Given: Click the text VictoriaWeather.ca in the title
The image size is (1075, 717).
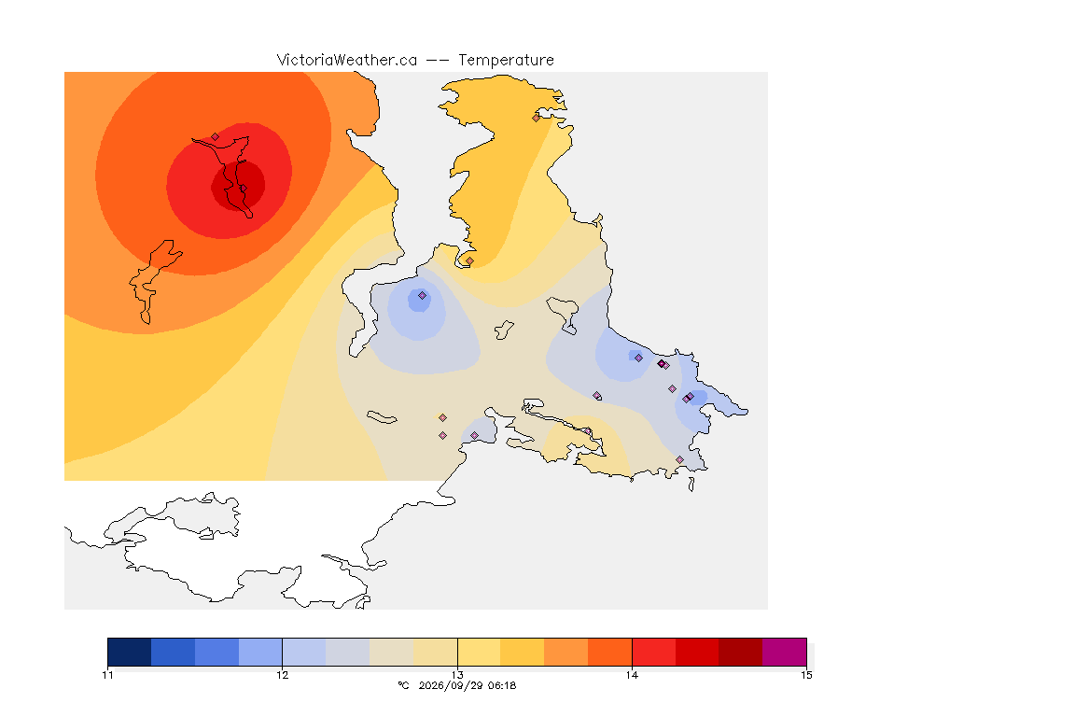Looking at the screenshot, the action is point(347,61).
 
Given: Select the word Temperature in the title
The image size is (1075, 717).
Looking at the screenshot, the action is point(506,61).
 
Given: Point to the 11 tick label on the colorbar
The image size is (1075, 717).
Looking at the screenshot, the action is point(107,675).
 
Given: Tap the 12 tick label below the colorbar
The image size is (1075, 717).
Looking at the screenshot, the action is point(283,675).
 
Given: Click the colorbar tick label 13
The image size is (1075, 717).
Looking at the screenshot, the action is point(457,675).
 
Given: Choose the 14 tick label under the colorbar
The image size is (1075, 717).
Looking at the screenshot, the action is point(632,675).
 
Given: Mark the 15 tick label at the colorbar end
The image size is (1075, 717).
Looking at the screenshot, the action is point(806,675).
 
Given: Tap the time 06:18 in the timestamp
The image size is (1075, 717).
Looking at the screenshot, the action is point(502,685).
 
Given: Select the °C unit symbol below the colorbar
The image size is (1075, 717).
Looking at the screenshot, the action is point(403,685).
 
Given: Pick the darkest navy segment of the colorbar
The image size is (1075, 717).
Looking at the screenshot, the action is point(130,652).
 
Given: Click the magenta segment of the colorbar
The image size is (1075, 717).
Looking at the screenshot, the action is point(784,652).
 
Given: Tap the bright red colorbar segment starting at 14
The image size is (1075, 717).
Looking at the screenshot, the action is point(653,652).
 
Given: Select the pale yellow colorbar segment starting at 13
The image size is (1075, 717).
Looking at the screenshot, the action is point(480,652).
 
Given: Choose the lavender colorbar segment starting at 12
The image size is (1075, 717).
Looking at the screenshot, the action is point(304,652).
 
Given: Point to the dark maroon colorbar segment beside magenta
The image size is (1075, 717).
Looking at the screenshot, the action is point(740,652).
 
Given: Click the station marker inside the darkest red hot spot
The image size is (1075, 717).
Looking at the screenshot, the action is point(243,189).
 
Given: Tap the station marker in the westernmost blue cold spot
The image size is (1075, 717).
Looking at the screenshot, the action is point(423,296).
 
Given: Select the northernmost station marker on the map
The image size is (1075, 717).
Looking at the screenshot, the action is point(537,118).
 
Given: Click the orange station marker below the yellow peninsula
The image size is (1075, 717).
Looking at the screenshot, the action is point(469,261).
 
